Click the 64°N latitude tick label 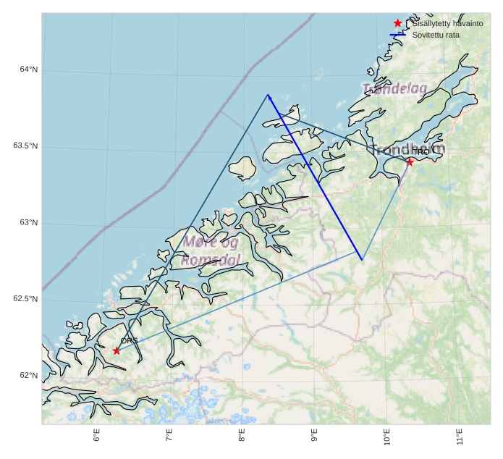point(29,70)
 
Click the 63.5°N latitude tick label point(25,146)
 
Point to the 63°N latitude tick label point(29,222)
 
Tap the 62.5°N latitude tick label point(25,299)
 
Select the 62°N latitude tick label point(29,375)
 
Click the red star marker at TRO point(410,162)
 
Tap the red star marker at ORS point(117,351)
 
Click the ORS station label point(129,340)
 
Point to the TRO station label point(420,152)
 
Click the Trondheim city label point(407,149)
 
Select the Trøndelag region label point(394,88)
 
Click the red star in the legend point(397,23)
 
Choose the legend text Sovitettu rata point(436,35)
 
